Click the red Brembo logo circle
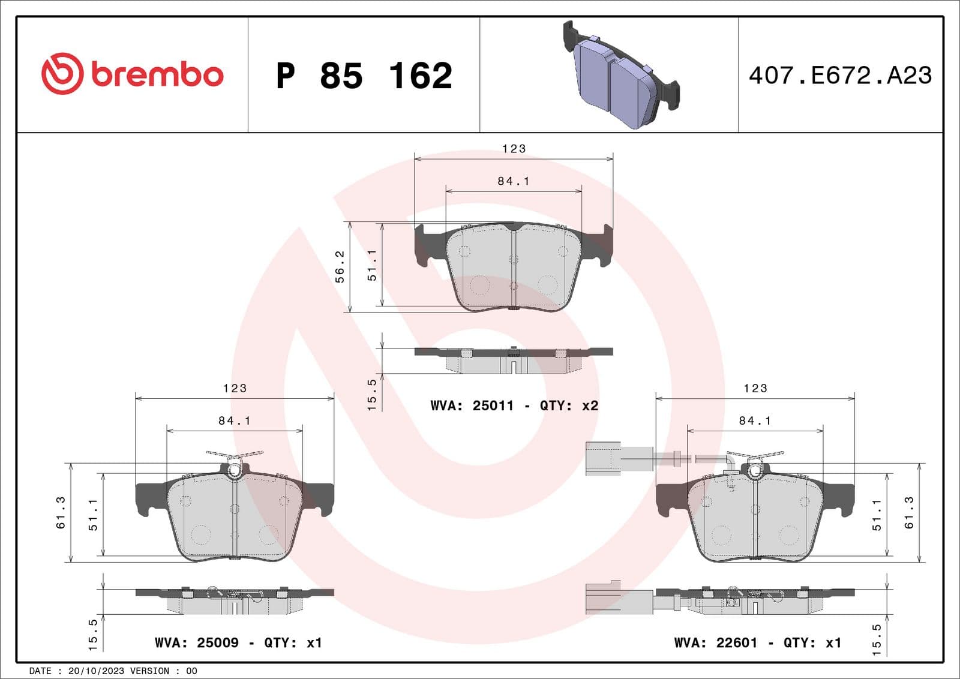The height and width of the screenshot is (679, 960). pos(62,73)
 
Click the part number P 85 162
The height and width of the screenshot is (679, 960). pos(364,76)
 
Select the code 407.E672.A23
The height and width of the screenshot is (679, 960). pos(840,76)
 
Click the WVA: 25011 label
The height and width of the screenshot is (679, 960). pos(472,405)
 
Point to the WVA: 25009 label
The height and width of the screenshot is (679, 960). pos(196,642)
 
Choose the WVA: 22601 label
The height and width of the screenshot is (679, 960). pos(715,642)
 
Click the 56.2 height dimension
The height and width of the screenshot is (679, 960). pos(340,266)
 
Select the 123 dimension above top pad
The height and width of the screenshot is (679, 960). pos(514,148)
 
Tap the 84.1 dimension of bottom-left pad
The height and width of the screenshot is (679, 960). pos(235,420)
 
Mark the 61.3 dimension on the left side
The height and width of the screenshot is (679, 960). pos(61,512)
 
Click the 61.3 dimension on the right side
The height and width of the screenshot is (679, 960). pos(909,512)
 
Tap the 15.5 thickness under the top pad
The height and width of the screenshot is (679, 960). pos(371,394)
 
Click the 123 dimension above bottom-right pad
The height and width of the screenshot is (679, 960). pos(755,388)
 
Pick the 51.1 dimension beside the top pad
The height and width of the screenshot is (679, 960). pos(372,265)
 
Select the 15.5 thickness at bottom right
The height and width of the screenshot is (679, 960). pos(877,639)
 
